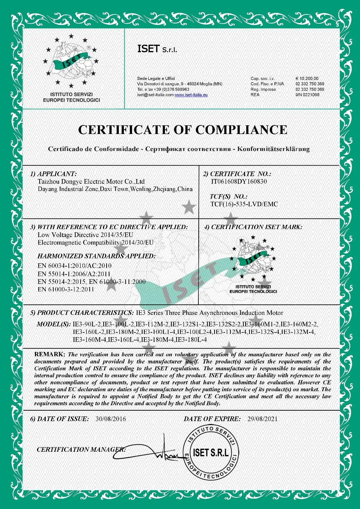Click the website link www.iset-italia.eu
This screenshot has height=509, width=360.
tap(191, 95)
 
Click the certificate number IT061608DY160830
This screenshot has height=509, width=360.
tap(239, 182)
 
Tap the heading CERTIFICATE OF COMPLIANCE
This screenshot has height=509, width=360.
tap(183, 130)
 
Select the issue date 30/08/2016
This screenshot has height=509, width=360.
tap(111, 419)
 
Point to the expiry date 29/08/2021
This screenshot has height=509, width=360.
tap(262, 419)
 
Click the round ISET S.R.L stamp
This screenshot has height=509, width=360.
tap(211, 453)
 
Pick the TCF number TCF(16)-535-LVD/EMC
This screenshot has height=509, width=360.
tap(244, 204)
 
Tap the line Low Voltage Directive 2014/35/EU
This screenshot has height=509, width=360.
tap(85, 235)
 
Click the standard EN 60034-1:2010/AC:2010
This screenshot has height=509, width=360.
tap(75, 266)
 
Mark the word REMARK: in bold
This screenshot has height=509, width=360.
tap(50, 354)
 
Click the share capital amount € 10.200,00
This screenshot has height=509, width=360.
tap(307, 79)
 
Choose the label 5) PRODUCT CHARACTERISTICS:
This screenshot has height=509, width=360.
tap(82, 313)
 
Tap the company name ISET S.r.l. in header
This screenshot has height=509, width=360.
tap(157, 49)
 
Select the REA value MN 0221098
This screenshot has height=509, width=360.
tap(307, 95)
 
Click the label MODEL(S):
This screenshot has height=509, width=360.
tap(54, 324)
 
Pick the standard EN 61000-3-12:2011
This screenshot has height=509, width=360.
tap(66, 289)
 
